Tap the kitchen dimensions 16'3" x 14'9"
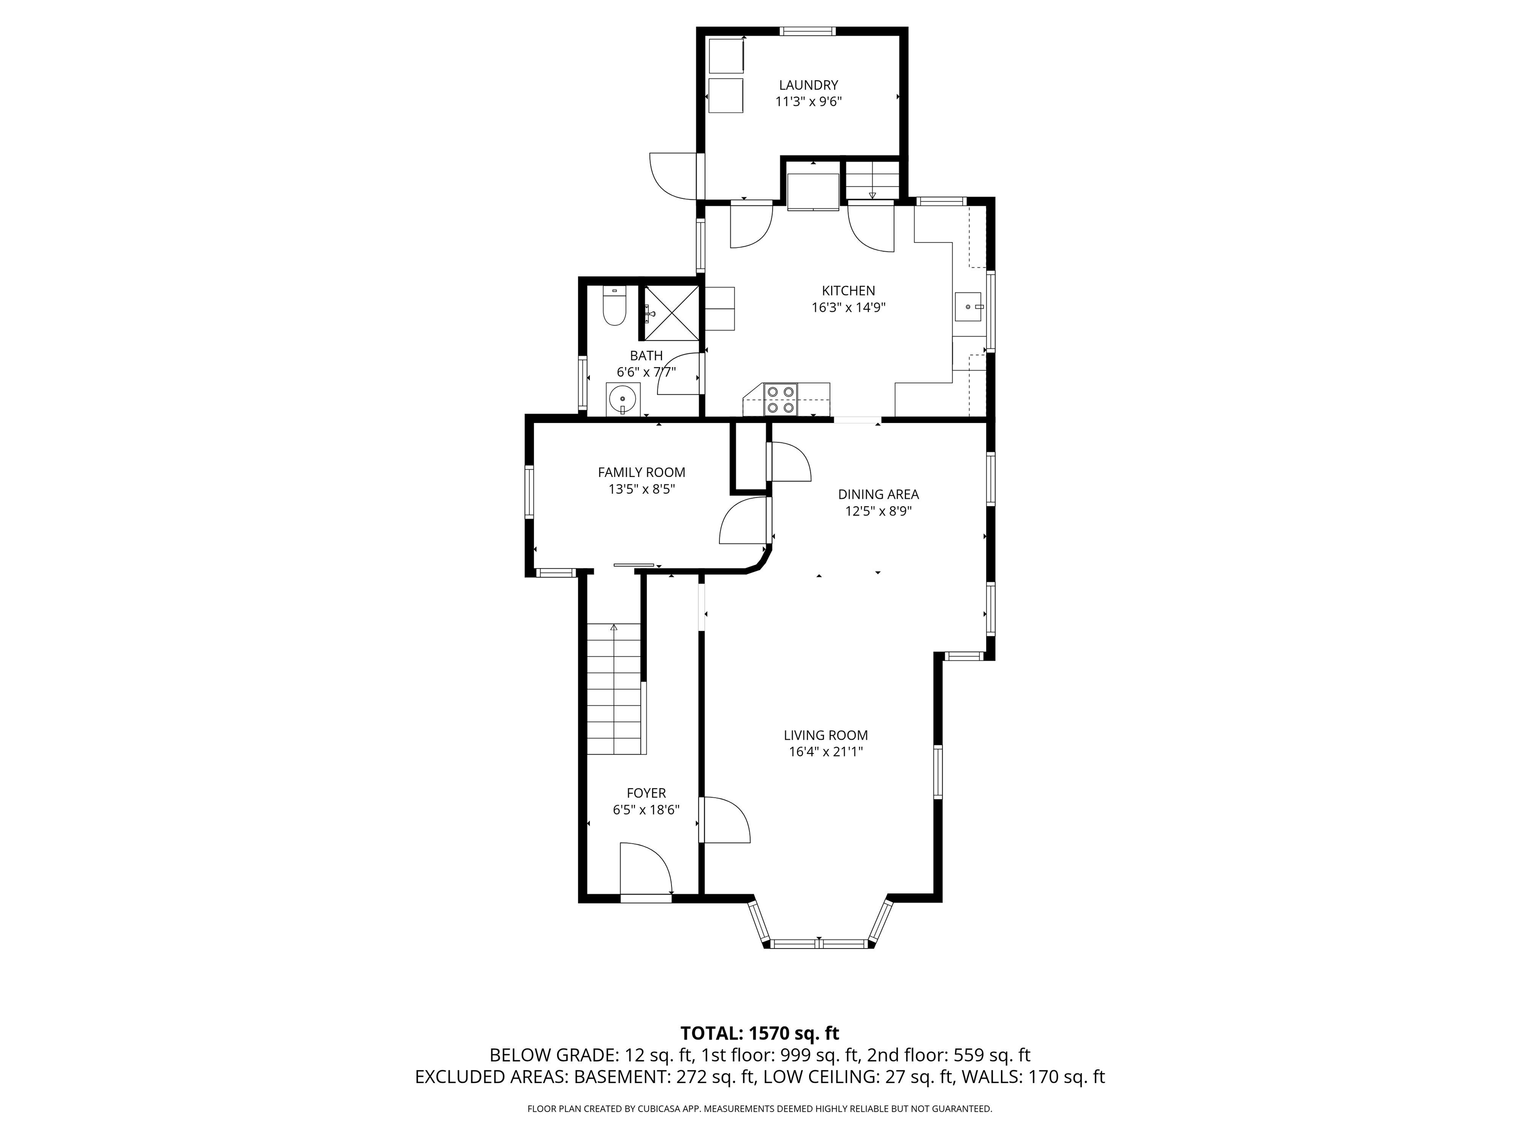tap(848, 308)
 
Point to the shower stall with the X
tap(670, 313)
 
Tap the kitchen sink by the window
tap(970, 306)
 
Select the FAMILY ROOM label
tap(641, 472)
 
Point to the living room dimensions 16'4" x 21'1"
tap(825, 752)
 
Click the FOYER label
tap(646, 793)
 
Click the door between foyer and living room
tap(723, 820)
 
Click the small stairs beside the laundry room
tap(871, 180)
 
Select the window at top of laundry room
tap(807, 31)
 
